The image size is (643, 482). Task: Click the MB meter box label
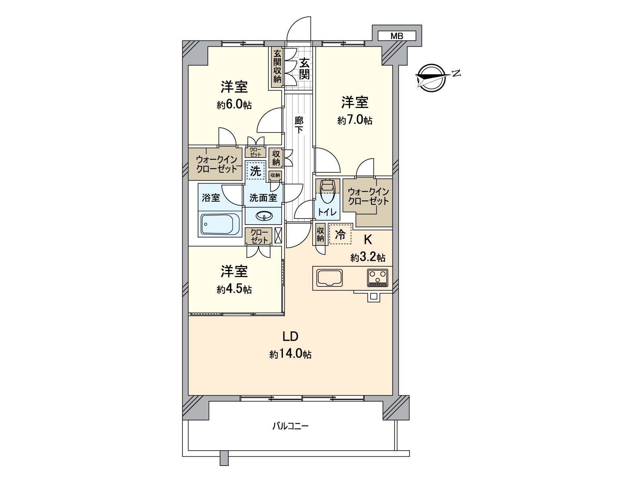397,36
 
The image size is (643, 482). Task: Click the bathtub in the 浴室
220,224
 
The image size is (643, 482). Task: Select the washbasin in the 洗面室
264,216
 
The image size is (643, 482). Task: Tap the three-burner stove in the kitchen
378,278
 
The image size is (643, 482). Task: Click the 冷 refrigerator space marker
340,235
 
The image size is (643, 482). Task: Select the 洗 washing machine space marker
256,171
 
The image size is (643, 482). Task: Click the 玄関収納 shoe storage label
277,66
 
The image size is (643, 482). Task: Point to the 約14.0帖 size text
290,354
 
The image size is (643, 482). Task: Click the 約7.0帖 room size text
355,120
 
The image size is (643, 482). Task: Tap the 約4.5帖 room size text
234,289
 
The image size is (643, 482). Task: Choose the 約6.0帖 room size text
234,105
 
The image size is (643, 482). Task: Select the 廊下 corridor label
299,125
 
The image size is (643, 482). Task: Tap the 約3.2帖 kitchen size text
368,257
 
